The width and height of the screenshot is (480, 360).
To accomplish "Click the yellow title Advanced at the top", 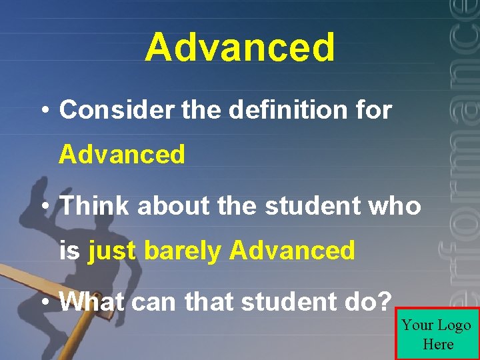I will click(240, 48).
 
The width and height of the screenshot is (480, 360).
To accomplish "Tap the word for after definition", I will click(375, 110).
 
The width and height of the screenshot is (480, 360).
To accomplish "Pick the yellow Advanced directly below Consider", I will click(122, 155).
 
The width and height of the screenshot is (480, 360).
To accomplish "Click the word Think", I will click(95, 206).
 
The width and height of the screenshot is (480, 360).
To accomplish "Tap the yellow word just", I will click(112, 251).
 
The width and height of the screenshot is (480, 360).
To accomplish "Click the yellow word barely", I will click(183, 251).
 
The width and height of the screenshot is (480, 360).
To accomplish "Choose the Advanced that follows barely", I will click(292, 251).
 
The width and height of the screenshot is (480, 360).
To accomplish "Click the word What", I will click(92, 302).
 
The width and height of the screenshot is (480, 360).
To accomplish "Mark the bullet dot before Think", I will click(45, 207).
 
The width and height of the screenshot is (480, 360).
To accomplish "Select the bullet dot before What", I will click(45, 303).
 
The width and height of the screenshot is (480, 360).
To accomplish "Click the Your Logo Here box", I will click(437, 334).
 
